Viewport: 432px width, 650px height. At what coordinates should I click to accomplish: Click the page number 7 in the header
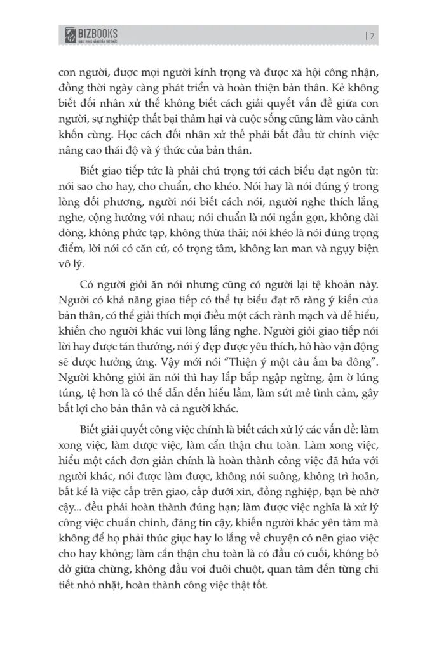point(371,35)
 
